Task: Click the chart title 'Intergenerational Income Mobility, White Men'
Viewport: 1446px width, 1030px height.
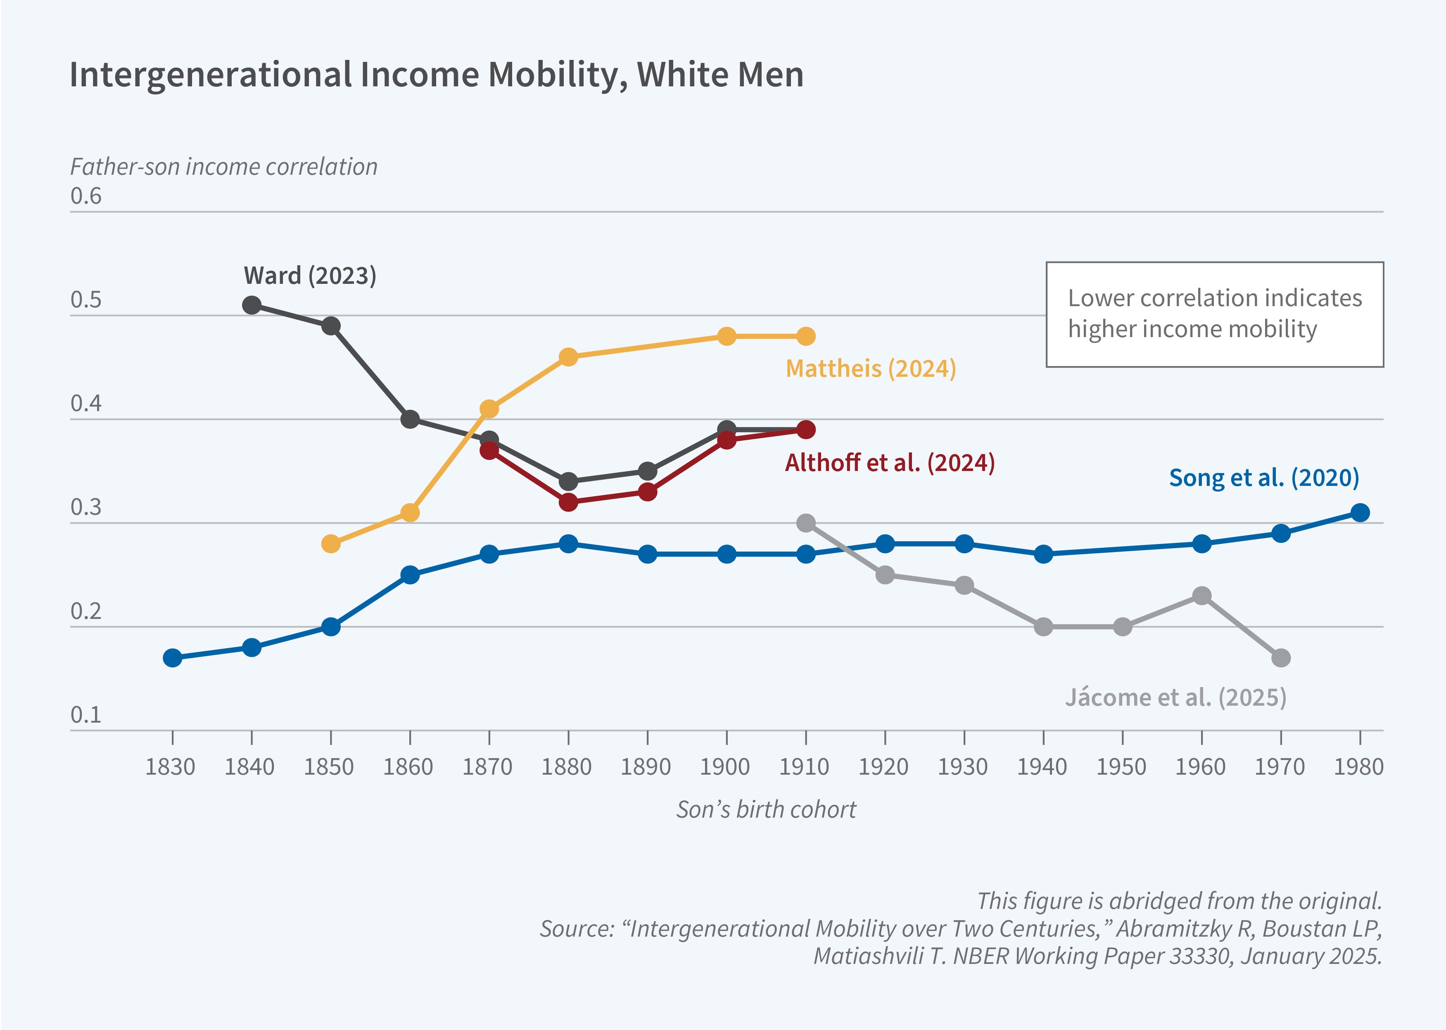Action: coord(436,75)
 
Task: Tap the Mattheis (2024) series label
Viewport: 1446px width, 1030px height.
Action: coord(870,369)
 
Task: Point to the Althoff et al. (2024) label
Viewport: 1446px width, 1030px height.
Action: coord(889,463)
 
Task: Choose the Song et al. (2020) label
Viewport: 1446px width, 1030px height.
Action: coord(1263,478)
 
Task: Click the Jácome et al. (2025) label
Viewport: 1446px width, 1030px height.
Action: coord(1175,698)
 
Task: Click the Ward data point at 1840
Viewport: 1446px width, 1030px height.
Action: coord(252,305)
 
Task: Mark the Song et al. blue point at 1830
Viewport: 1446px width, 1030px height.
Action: coord(172,658)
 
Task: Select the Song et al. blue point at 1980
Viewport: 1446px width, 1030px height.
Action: coord(1360,512)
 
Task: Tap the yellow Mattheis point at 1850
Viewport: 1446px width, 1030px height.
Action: coord(331,544)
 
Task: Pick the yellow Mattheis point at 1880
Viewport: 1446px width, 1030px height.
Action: coord(569,357)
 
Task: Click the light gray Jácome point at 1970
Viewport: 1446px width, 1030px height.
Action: coord(1280,658)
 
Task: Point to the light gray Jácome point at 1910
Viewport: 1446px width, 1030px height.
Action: coord(806,523)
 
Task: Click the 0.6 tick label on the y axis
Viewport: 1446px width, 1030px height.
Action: coord(85,196)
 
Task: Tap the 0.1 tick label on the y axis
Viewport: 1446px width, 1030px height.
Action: coord(85,715)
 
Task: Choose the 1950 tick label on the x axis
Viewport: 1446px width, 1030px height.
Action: coord(1121,767)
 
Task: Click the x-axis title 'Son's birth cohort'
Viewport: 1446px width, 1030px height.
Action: coord(766,810)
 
